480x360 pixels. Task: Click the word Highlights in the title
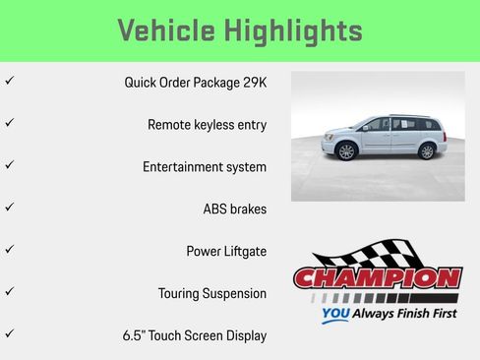click(297, 30)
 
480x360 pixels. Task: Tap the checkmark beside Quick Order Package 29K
click(9, 82)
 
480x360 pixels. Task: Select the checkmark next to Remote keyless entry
click(9, 124)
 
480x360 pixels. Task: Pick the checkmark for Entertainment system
click(9, 166)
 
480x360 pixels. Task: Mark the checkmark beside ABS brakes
click(9, 209)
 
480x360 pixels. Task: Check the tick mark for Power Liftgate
click(9, 251)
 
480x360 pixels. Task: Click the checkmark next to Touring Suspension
click(9, 293)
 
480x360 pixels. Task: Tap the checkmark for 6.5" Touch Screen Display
click(9, 335)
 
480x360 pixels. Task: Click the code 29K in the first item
click(254, 83)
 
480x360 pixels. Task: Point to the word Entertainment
click(184, 167)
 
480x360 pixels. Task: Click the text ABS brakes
click(234, 210)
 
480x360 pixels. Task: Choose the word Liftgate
click(244, 252)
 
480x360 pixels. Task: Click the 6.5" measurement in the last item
click(135, 336)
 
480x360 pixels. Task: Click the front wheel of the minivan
click(345, 151)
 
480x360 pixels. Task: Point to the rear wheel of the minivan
click(426, 150)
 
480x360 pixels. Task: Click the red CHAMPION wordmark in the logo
click(378, 279)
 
